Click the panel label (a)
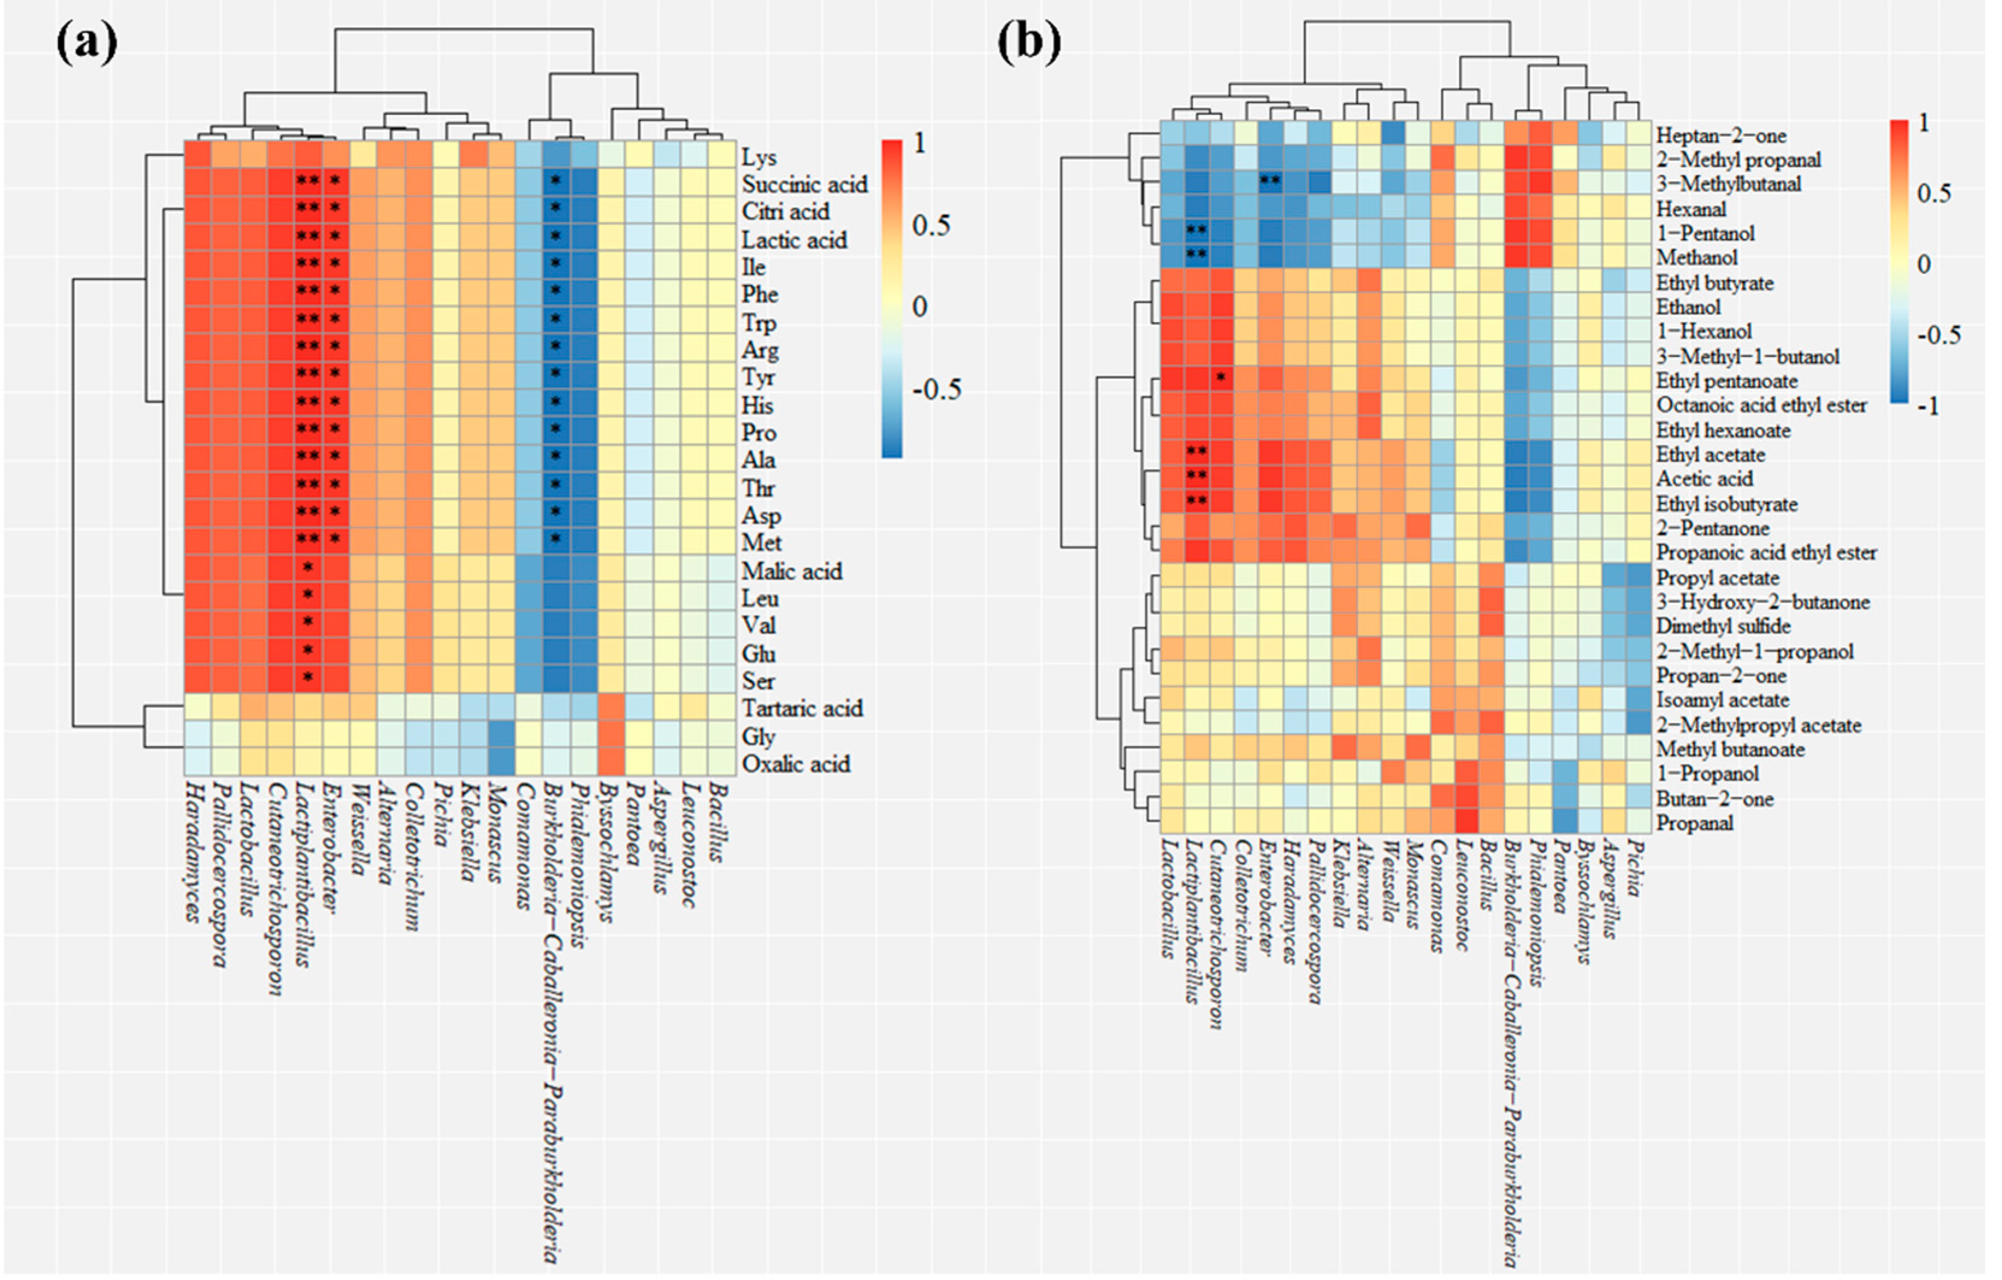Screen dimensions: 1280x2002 pyautogui.click(x=87, y=43)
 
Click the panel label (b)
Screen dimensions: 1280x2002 pyautogui.click(x=1029, y=42)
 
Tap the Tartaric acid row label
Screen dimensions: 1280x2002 pyautogui.click(x=802, y=709)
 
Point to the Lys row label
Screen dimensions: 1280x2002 pyautogui.click(x=758, y=157)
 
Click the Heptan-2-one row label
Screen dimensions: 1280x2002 pyautogui.click(x=1720, y=135)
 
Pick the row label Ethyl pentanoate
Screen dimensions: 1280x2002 pyautogui.click(x=1726, y=381)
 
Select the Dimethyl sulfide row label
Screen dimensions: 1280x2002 pyautogui.click(x=1723, y=626)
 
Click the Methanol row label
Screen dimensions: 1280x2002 pyautogui.click(x=1696, y=258)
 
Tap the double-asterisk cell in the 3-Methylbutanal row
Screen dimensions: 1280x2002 pyautogui.click(x=1270, y=181)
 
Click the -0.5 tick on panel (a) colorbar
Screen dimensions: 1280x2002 pyautogui.click(x=936, y=390)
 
